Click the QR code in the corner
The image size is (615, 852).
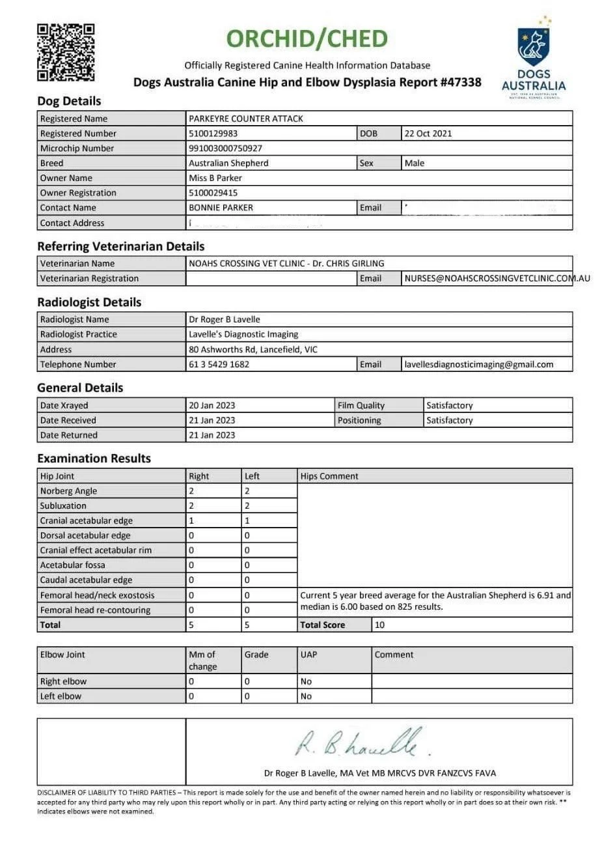pos(66,52)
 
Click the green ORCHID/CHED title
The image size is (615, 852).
pos(307,39)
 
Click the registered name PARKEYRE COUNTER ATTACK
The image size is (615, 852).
pos(245,119)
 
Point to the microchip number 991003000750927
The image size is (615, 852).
pos(225,149)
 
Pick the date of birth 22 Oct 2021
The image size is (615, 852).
pos(428,134)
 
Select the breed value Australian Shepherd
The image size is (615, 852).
pos(228,163)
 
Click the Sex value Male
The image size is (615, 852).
pos(414,163)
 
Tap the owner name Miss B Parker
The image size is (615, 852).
pos(215,178)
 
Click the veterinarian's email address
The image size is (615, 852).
pos(497,278)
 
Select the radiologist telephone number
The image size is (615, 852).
pos(219,365)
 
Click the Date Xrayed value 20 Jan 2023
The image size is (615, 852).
pos(212,405)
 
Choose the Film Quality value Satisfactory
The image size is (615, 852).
pos(449,405)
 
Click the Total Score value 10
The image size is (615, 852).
pos(380,625)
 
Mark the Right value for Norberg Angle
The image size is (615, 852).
pos(191,491)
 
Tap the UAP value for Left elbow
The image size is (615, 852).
pos(306,696)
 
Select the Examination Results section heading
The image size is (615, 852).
pos(94,458)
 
